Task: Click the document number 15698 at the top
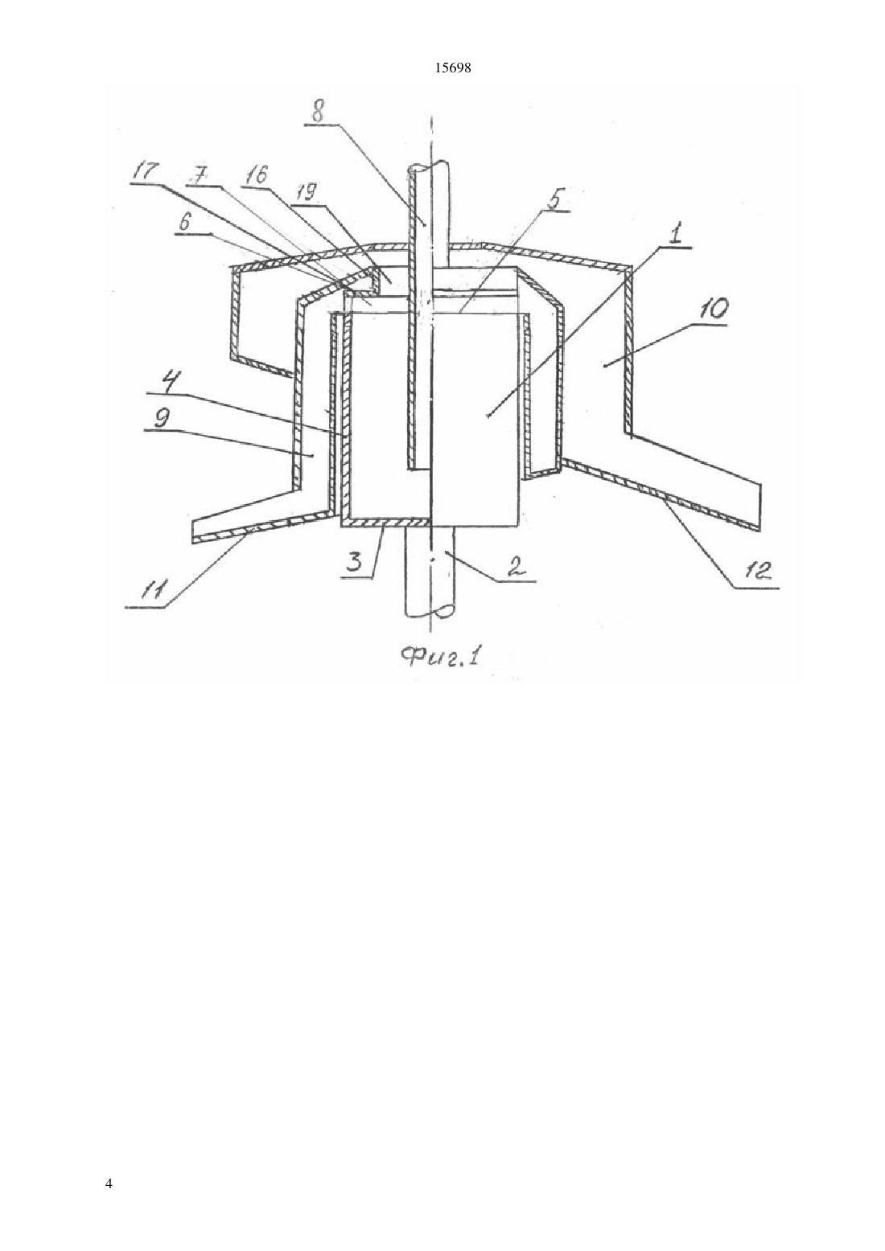452,68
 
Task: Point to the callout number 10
714,310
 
